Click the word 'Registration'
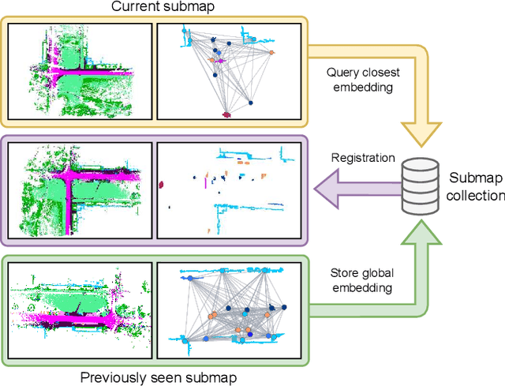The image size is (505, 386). point(363,158)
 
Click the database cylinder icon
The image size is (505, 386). point(420,188)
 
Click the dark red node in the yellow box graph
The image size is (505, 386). point(227,115)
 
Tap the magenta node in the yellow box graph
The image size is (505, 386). point(222,60)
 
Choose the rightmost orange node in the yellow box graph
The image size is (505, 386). point(271,52)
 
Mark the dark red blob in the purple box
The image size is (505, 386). point(162,185)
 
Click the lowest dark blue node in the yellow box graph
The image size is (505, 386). point(249,102)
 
